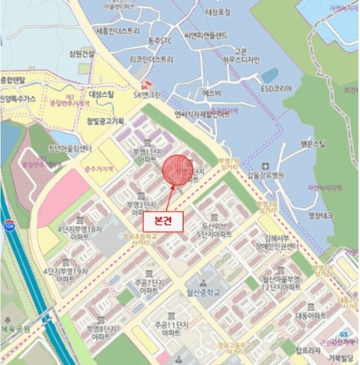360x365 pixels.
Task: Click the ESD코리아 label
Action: (x=277, y=88)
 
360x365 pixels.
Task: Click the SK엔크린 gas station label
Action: (x=147, y=94)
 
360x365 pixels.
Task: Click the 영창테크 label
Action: (x=323, y=214)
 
